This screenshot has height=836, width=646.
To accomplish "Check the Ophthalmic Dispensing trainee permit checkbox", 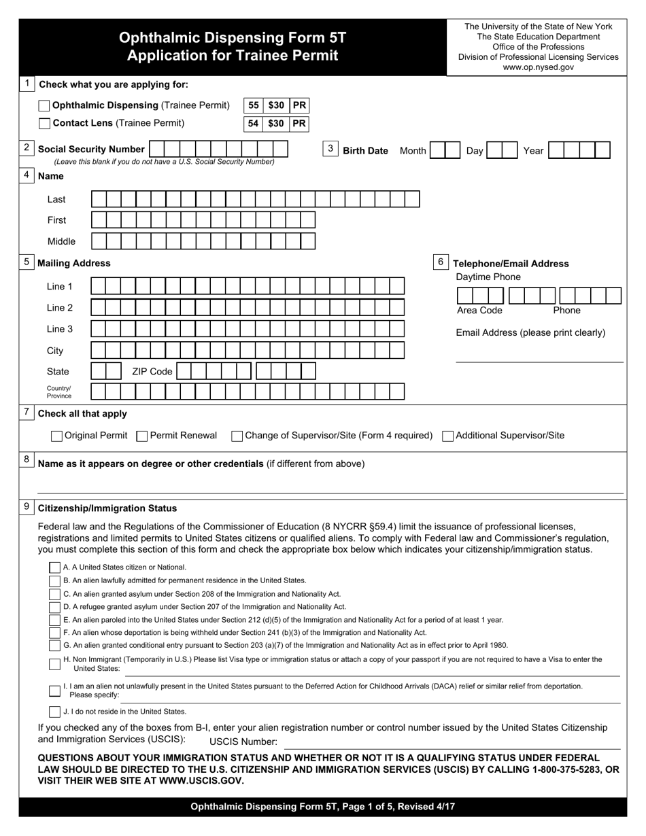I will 44,106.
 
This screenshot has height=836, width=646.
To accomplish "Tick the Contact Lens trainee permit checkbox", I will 44,124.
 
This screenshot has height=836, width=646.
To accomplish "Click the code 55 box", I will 253,106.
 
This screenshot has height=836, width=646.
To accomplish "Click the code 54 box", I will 253,124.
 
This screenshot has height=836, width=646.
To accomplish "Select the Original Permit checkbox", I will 57,436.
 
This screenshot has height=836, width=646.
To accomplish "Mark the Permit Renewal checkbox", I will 142,436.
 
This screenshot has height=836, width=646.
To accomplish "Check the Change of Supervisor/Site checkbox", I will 237,436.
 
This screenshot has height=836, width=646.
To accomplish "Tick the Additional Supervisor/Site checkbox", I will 448,436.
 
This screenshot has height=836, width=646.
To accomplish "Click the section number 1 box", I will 27,84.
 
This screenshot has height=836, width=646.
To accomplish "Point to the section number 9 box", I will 27,506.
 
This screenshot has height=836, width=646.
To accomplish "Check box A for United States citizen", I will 54,567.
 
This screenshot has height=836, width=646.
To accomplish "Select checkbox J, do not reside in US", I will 54,712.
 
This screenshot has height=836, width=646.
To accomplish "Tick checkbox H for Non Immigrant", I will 54,663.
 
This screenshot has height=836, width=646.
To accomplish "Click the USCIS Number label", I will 243,742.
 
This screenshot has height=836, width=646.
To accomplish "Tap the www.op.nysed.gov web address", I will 538,67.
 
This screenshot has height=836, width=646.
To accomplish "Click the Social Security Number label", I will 91,150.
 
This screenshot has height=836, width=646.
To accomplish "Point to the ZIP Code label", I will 152,372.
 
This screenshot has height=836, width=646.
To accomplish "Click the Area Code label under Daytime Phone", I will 479,311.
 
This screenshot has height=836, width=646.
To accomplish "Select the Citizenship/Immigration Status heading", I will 107,508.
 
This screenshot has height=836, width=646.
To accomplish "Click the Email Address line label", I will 530,333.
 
